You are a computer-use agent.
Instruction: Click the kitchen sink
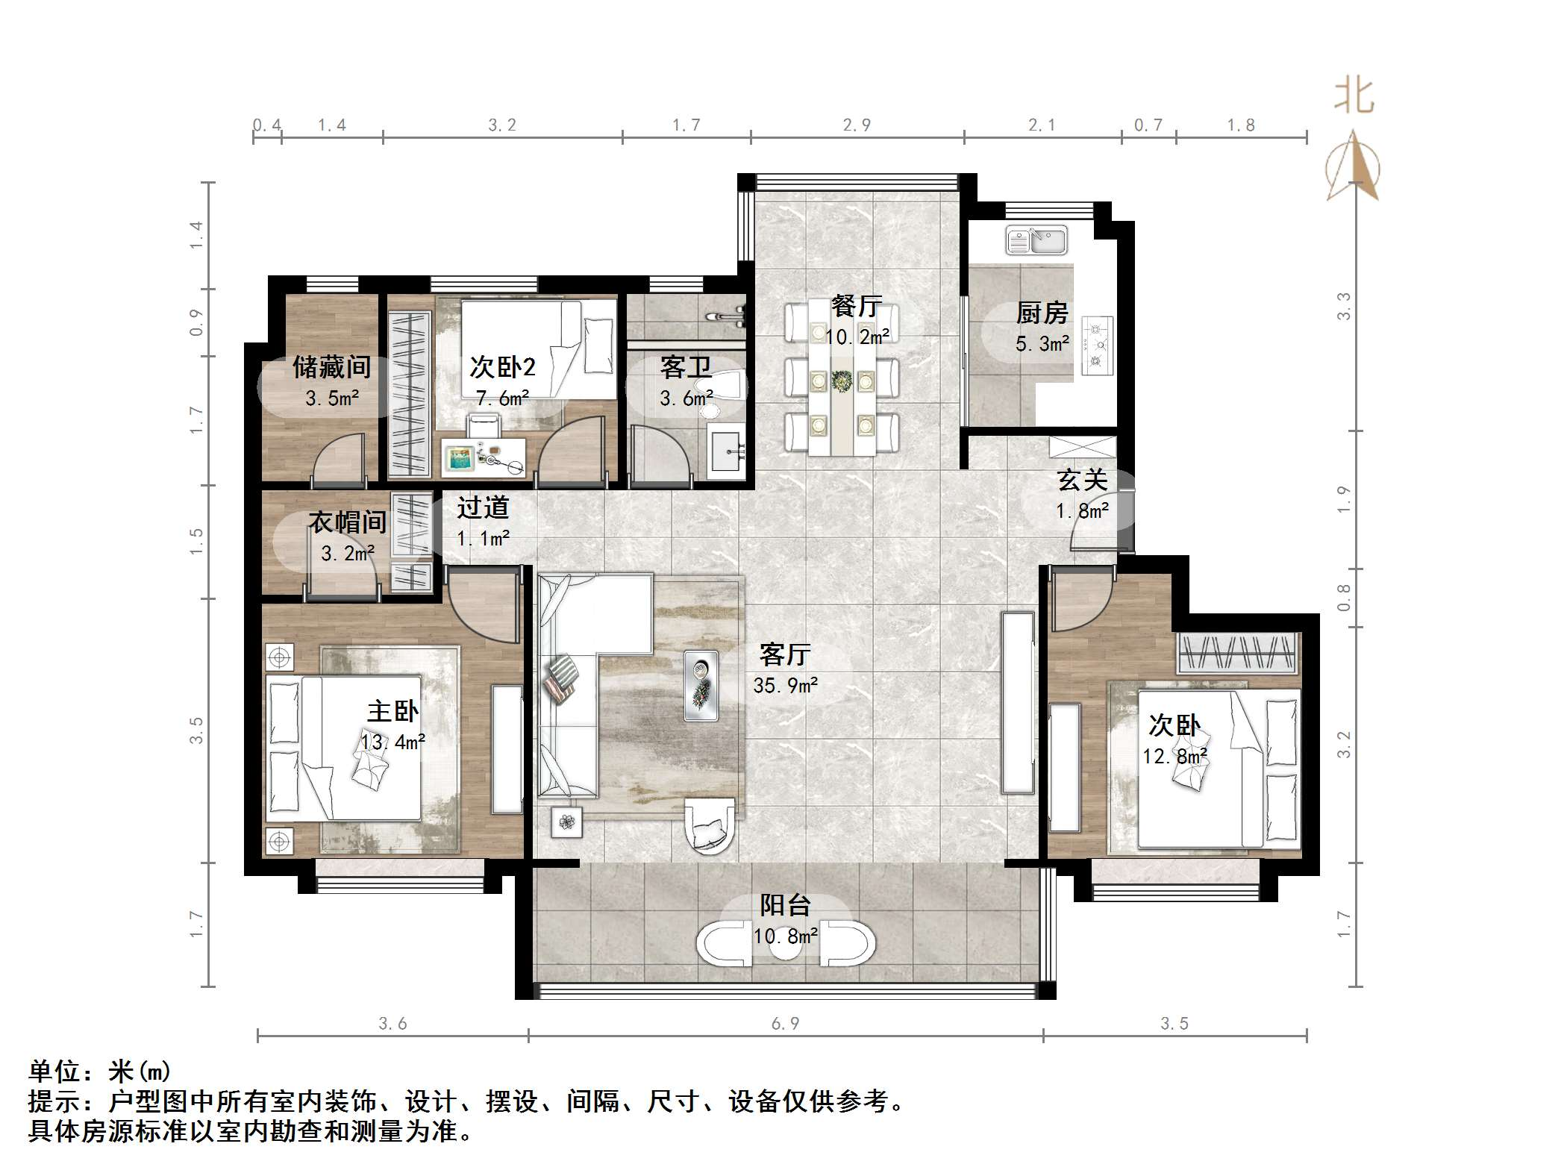click(x=1036, y=240)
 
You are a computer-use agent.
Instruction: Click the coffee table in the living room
click(x=701, y=685)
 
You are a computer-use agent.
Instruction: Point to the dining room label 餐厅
click(x=856, y=306)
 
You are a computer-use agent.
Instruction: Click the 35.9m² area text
click(x=785, y=685)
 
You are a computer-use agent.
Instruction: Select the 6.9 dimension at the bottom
click(x=785, y=1023)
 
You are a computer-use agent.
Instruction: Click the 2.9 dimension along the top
click(x=857, y=125)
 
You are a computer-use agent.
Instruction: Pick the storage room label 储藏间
click(x=331, y=367)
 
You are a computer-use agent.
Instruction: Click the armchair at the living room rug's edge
click(x=709, y=825)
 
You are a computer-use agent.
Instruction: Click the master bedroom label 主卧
click(x=392, y=710)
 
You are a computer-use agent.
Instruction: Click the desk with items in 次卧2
click(x=484, y=457)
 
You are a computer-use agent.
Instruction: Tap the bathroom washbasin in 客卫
click(x=727, y=451)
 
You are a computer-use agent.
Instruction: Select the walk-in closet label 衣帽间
click(x=348, y=522)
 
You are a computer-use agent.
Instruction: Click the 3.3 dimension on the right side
click(x=1343, y=306)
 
